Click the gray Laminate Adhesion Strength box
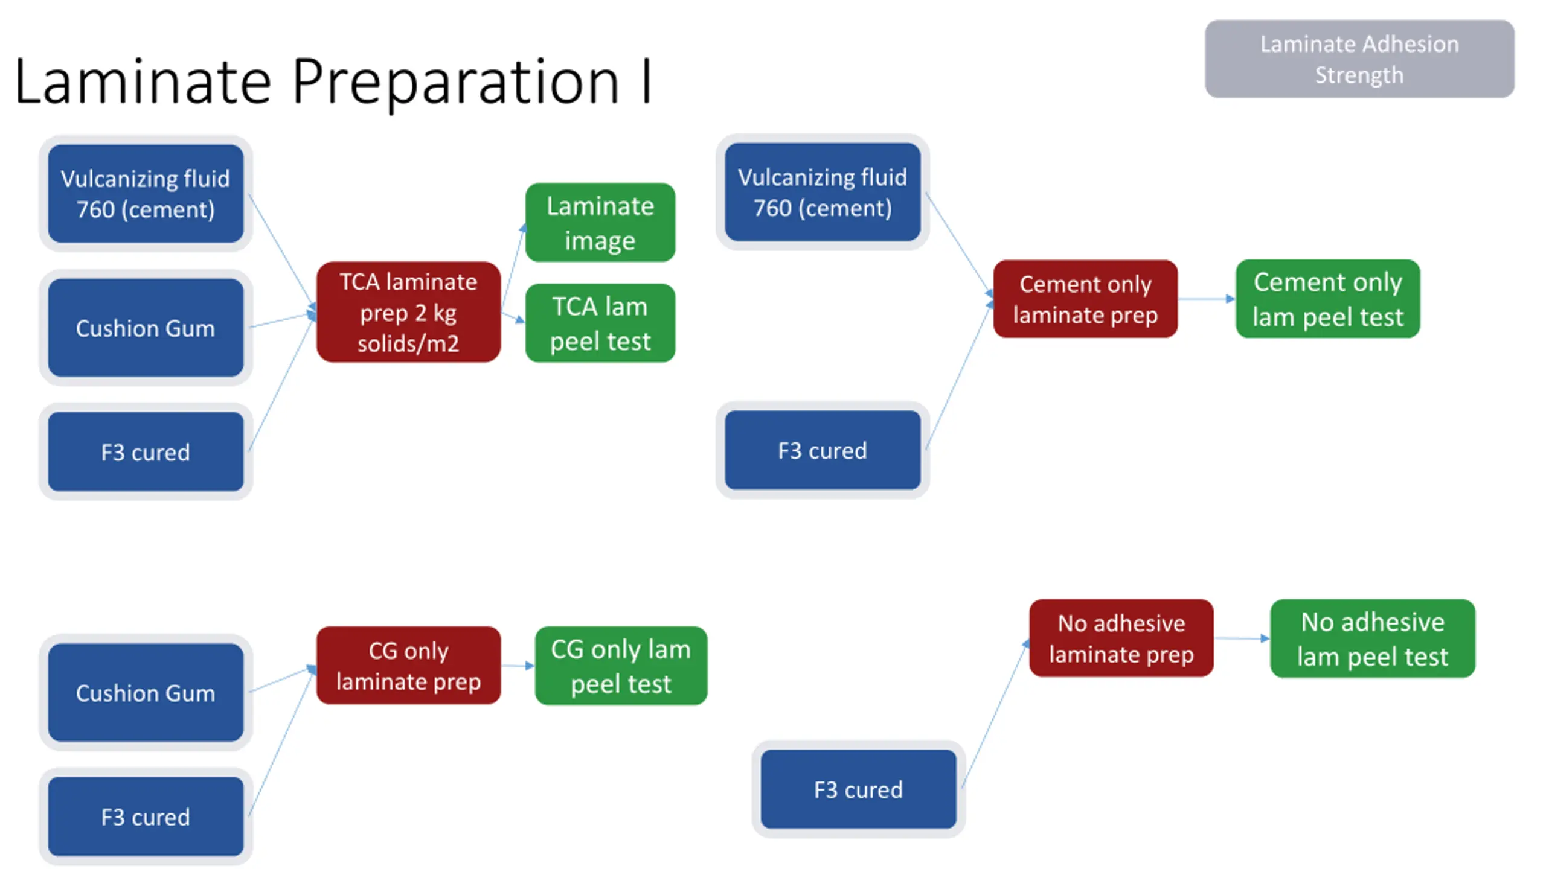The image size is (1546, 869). pyautogui.click(x=1359, y=59)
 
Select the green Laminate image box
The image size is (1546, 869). pyautogui.click(x=600, y=222)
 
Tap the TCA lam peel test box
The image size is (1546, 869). pyautogui.click(x=600, y=323)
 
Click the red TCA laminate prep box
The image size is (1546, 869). pyautogui.click(x=408, y=312)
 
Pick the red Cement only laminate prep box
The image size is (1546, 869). pyautogui.click(x=1085, y=299)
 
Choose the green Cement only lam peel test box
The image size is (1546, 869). pyautogui.click(x=1328, y=299)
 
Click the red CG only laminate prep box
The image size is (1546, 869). pyautogui.click(x=408, y=666)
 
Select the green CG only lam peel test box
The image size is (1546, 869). pyautogui.click(x=621, y=666)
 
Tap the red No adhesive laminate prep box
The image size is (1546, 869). pyautogui.click(x=1121, y=638)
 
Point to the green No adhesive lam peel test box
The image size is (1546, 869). pyautogui.click(x=1373, y=638)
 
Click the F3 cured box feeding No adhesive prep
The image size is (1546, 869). pyautogui.click(x=858, y=789)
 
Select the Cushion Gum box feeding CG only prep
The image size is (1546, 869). pyautogui.click(x=146, y=692)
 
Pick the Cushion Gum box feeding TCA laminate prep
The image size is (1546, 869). pyautogui.click(x=146, y=328)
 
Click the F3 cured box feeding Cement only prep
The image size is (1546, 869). pyautogui.click(x=823, y=450)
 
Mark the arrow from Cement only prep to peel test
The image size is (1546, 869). pyautogui.click(x=1207, y=299)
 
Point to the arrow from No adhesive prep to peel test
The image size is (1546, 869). pyautogui.click(x=1242, y=638)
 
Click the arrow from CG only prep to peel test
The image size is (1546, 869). pyautogui.click(x=518, y=666)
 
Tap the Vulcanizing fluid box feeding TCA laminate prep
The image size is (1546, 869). pyautogui.click(x=146, y=193)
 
